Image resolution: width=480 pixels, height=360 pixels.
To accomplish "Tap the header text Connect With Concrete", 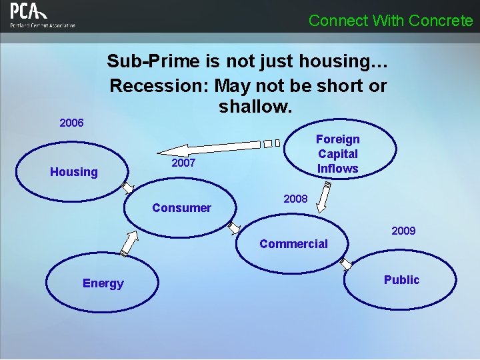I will click(x=391, y=21).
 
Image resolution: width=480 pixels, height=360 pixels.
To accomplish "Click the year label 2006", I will click(x=71, y=123).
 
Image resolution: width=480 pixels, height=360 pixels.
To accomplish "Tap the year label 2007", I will click(x=183, y=163).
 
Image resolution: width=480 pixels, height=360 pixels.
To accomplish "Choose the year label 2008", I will click(x=295, y=199).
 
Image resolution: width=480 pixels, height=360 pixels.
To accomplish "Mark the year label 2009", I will click(x=403, y=231).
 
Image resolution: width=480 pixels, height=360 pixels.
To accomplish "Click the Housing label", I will click(x=74, y=172).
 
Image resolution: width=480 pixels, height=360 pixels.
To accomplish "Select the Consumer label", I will click(x=181, y=208).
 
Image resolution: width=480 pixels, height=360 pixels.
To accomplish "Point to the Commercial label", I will click(x=293, y=244).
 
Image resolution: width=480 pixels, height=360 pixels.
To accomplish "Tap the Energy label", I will click(x=103, y=283).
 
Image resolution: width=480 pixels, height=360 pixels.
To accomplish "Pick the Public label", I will click(x=401, y=280).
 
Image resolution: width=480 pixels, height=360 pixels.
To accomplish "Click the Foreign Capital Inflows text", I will click(x=337, y=154).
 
